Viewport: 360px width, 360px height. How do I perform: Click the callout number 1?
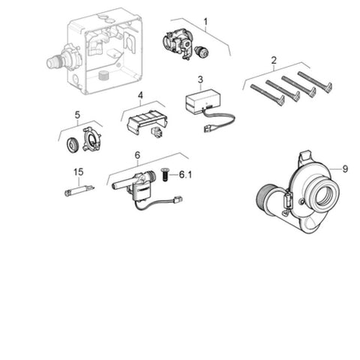click(x=205, y=22)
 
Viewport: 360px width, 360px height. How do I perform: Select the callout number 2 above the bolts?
click(x=274, y=60)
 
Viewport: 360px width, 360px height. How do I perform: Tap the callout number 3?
click(x=200, y=79)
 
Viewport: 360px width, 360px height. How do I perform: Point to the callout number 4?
click(x=140, y=95)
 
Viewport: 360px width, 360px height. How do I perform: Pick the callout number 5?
click(x=77, y=115)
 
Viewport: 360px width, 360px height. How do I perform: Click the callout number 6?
click(x=137, y=155)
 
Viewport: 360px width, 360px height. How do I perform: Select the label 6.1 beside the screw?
click(x=185, y=175)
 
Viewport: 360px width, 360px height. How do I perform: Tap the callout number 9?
click(x=345, y=169)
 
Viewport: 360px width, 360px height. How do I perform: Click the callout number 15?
click(x=78, y=172)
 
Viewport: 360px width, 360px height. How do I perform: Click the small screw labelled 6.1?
click(x=164, y=175)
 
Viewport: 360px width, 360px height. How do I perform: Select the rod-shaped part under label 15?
click(x=79, y=190)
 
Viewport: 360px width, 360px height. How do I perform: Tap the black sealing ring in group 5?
click(x=73, y=145)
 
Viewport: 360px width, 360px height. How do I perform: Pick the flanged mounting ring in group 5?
click(x=92, y=139)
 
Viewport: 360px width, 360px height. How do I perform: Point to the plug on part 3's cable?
click(x=208, y=129)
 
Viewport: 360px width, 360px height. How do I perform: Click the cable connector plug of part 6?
click(x=177, y=199)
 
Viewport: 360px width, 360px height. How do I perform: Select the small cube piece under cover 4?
click(x=157, y=132)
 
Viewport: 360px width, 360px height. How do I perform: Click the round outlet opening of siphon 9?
click(x=324, y=194)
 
